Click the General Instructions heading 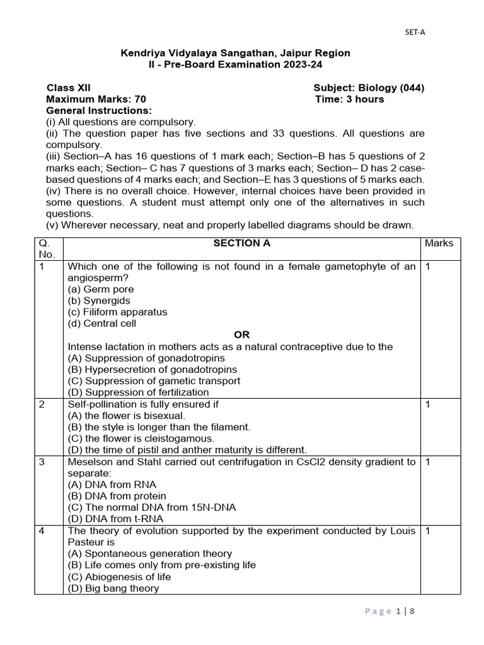click(99, 110)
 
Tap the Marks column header click(439, 243)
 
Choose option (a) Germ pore click(100, 289)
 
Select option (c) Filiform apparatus click(117, 312)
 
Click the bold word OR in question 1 click(242, 335)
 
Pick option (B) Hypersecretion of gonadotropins click(152, 369)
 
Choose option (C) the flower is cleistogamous click(141, 438)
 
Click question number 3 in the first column click(42, 462)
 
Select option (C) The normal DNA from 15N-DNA click(151, 508)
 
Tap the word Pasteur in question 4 click(85, 542)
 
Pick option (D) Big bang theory click(113, 588)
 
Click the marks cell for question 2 click(427, 404)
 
